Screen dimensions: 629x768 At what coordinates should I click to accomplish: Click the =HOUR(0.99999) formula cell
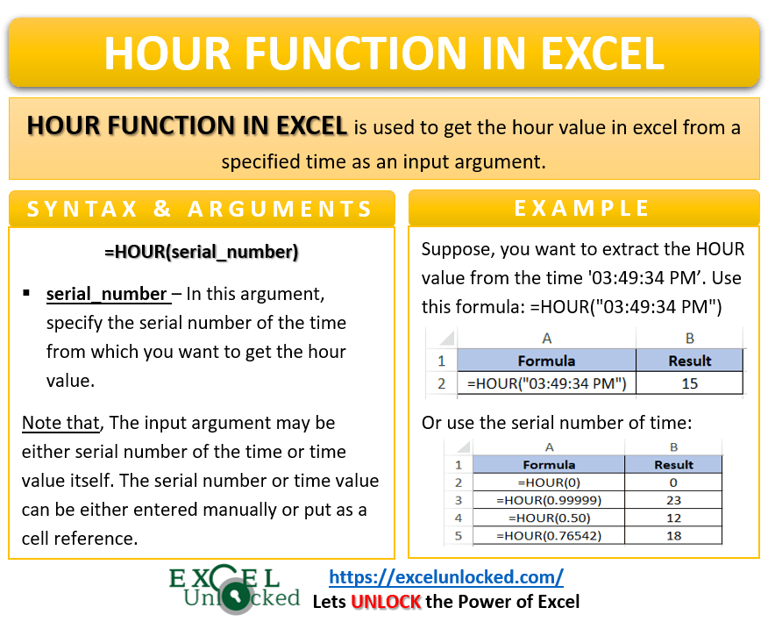click(x=548, y=500)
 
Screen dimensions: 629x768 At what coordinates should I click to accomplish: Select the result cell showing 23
click(x=672, y=500)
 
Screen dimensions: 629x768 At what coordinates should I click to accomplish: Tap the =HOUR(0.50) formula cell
click(x=548, y=518)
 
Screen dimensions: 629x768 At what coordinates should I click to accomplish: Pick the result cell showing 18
click(x=672, y=535)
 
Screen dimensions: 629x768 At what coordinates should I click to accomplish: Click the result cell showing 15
click(x=689, y=383)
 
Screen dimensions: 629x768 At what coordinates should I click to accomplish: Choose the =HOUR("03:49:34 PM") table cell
click(x=546, y=383)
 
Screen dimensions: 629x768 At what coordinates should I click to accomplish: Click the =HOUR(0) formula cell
click(x=548, y=482)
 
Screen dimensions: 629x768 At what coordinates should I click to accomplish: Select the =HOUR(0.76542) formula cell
click(x=548, y=535)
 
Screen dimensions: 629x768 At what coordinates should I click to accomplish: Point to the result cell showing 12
click(x=672, y=518)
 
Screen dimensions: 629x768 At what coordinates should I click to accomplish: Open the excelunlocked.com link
click(x=445, y=576)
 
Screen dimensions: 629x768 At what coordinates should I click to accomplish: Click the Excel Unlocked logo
click(x=235, y=589)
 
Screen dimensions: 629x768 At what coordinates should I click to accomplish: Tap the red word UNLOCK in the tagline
click(x=387, y=602)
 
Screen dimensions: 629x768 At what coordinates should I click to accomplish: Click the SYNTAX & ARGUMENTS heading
click(x=201, y=209)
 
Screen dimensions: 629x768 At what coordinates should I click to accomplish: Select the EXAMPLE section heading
click(x=582, y=208)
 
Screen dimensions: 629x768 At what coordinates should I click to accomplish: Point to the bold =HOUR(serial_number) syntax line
click(x=201, y=252)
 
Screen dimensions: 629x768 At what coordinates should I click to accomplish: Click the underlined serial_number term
click(x=106, y=294)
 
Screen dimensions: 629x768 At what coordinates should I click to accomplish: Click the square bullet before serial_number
click(x=27, y=293)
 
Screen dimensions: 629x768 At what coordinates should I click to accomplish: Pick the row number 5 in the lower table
click(x=457, y=535)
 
